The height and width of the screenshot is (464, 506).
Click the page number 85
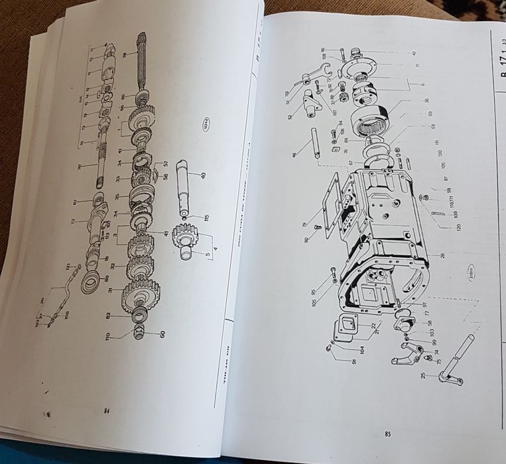[x=387, y=434]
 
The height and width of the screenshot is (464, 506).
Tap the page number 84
[x=106, y=411]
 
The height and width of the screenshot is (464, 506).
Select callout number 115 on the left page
[x=206, y=218]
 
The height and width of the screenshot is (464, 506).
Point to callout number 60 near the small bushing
[x=161, y=334]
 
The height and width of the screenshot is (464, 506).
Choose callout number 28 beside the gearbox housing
[x=442, y=256]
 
